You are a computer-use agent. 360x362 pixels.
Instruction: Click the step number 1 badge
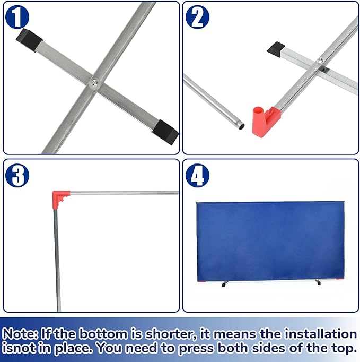click(17, 17)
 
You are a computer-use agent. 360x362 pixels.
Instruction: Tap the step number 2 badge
click(197, 17)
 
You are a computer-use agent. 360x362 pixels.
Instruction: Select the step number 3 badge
click(17, 175)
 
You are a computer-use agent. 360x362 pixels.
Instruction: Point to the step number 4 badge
click(197, 175)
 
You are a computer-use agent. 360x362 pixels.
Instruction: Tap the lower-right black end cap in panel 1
click(165, 132)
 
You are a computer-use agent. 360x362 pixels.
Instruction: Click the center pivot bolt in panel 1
click(94, 82)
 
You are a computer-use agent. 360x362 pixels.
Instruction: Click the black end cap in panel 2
click(276, 49)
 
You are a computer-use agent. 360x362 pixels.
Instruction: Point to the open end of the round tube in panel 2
click(241, 126)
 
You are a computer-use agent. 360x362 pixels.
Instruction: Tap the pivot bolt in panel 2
click(320, 61)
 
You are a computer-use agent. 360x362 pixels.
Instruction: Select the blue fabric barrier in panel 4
click(270, 242)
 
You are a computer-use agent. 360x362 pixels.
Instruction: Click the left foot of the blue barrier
click(225, 284)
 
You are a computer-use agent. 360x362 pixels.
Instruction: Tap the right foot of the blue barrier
click(318, 282)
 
